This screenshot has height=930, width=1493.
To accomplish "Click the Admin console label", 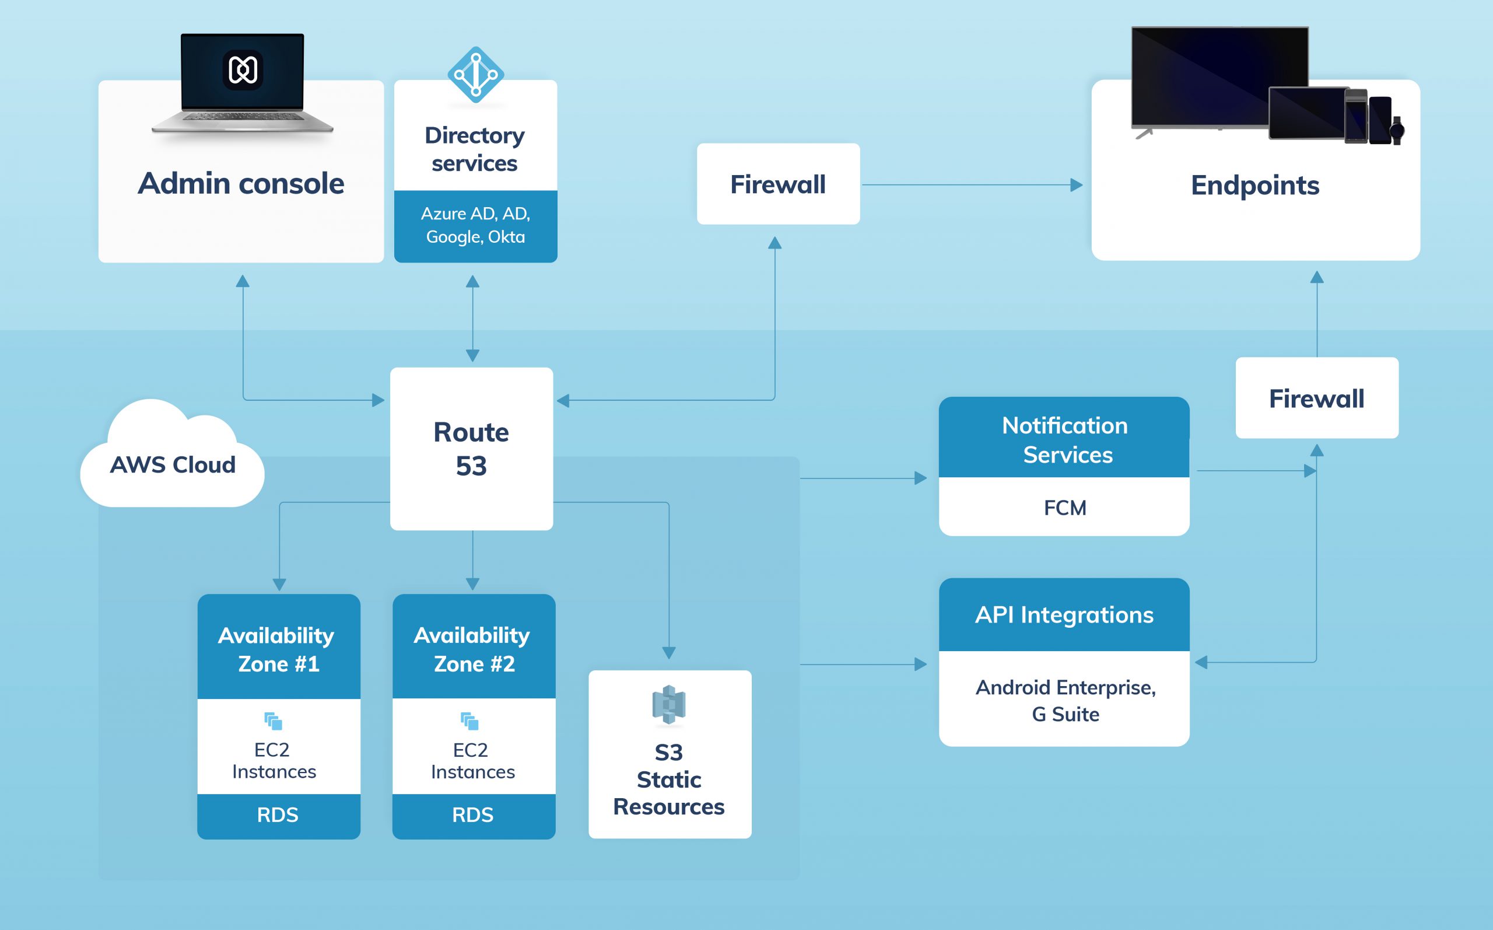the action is click(x=241, y=183).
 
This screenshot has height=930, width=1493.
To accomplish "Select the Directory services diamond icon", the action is click(x=476, y=75).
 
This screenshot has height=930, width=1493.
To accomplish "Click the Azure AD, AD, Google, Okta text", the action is click(x=476, y=225).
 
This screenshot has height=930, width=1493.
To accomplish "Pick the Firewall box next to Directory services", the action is click(x=778, y=184).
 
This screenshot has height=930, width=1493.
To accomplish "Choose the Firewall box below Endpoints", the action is click(x=1317, y=398).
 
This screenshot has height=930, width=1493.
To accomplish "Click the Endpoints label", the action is click(x=1255, y=185).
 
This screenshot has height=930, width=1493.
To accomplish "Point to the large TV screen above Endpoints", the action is click(x=1220, y=78).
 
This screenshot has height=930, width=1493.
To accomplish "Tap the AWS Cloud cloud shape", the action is click(x=172, y=455).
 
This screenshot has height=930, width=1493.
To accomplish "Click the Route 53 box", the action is click(x=471, y=449).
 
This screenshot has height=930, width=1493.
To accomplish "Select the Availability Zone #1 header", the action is click(x=278, y=646).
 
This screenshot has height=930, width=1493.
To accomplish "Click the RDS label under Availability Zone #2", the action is click(x=472, y=815).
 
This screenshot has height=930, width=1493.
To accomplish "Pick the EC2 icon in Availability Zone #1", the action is click(x=273, y=721).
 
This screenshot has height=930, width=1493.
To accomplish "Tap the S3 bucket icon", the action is click(x=669, y=705).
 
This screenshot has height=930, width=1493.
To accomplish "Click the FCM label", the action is click(x=1065, y=508).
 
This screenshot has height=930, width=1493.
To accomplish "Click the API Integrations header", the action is click(x=1064, y=614).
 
